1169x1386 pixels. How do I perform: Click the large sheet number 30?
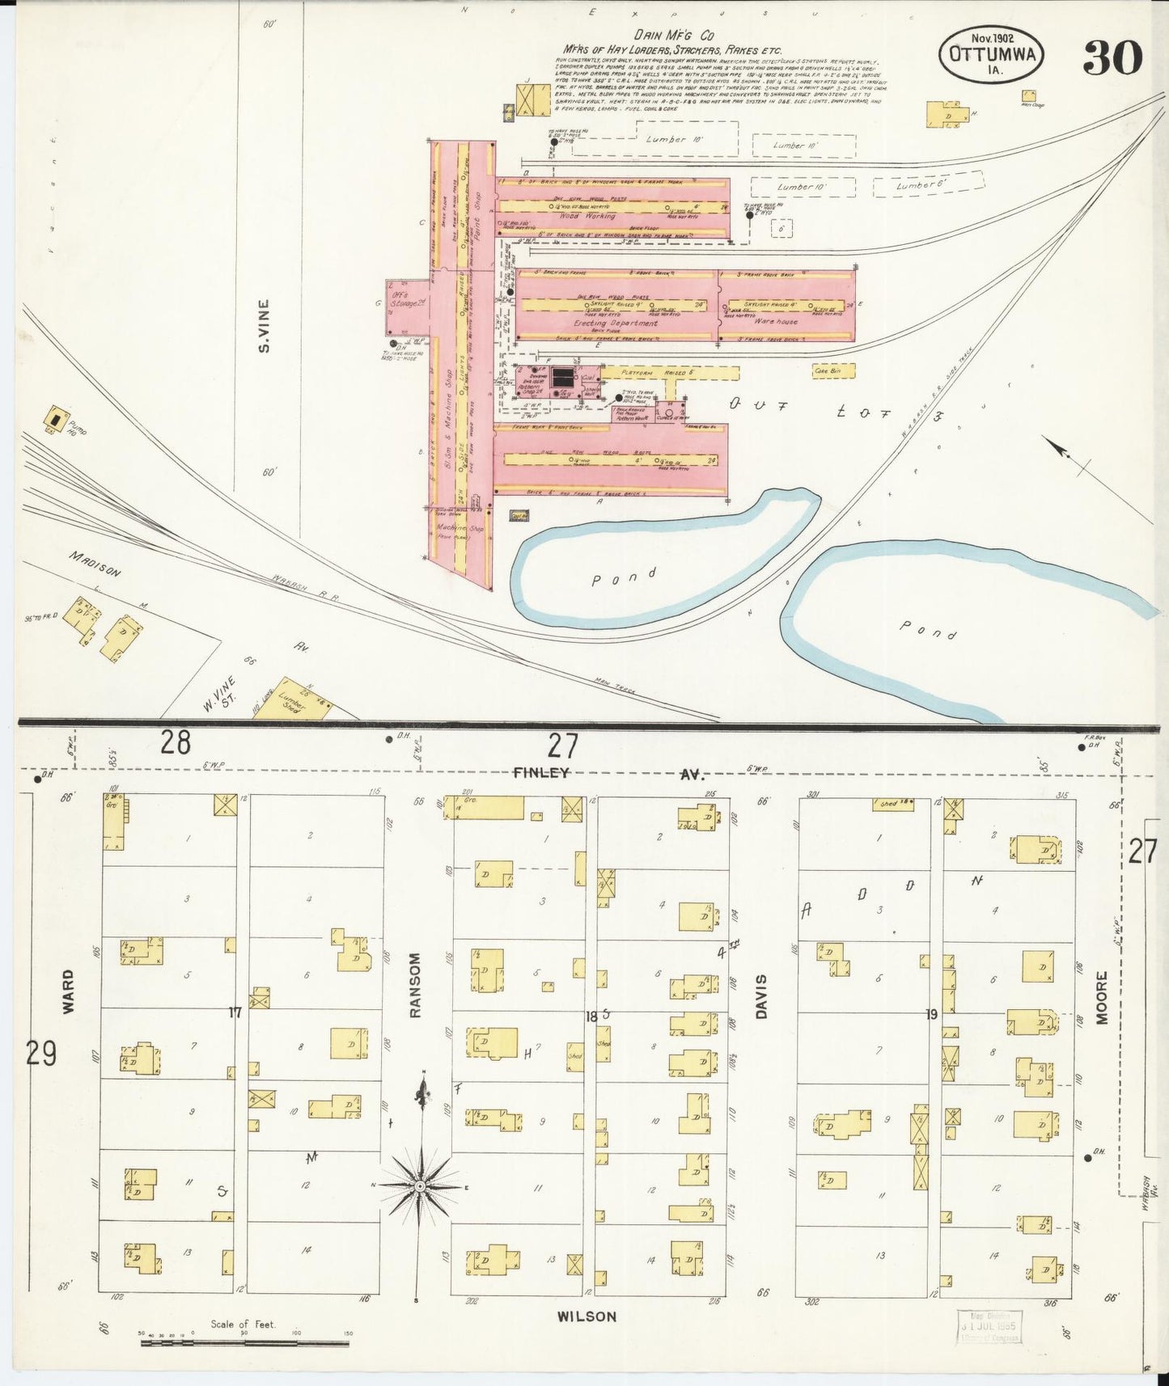point(1112,58)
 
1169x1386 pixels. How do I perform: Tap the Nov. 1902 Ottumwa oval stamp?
point(992,55)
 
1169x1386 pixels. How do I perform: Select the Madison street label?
point(95,564)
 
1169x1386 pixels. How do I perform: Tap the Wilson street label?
point(587,1316)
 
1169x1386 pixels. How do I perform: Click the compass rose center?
point(421,1185)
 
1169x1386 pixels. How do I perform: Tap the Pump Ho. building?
point(55,418)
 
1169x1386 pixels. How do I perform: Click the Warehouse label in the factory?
point(776,321)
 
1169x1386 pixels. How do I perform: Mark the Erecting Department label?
point(616,323)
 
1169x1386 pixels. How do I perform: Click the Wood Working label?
point(587,216)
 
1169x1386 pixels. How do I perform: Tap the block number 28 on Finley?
point(175,742)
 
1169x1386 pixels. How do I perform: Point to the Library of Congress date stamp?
point(989,1327)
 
